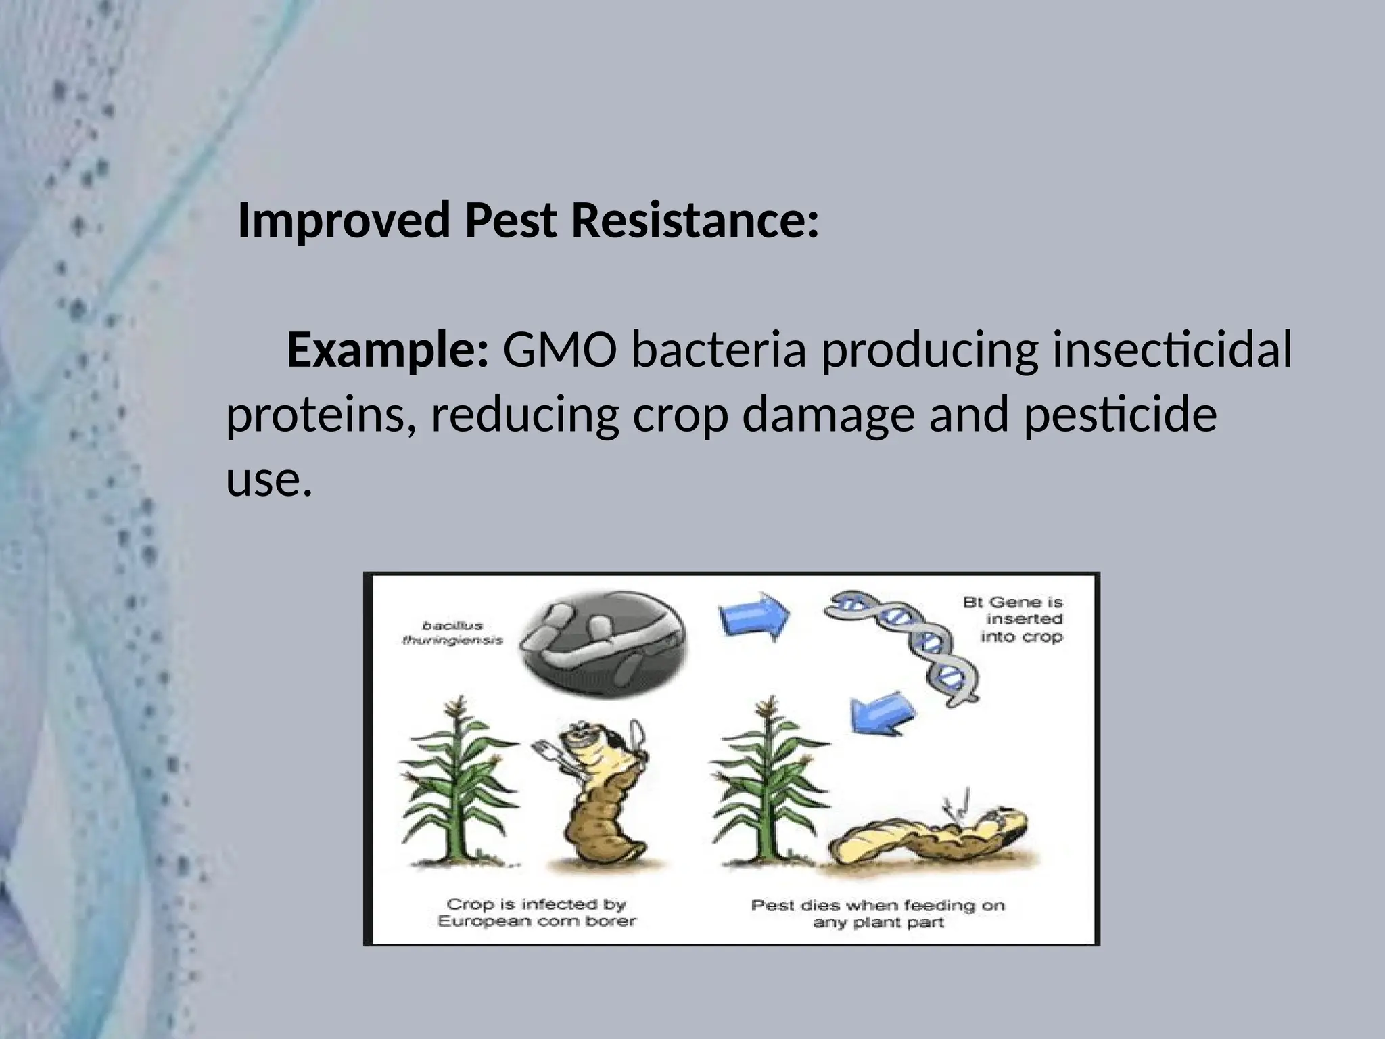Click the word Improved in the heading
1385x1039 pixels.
click(x=344, y=221)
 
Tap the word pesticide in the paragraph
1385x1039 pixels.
click(x=1119, y=415)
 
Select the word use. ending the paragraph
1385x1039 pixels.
click(x=268, y=480)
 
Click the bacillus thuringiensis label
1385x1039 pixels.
click(x=452, y=632)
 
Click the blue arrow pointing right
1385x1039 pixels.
click(x=753, y=614)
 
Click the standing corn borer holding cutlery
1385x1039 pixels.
click(x=598, y=798)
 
